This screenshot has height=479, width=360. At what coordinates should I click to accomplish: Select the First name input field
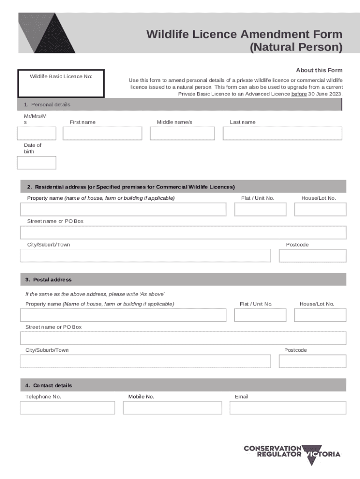tap(102, 133)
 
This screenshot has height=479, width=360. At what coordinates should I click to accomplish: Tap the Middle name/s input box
tap(182, 133)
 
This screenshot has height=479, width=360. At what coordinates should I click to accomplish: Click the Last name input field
tap(282, 133)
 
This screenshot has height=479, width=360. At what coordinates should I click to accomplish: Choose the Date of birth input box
tap(36, 162)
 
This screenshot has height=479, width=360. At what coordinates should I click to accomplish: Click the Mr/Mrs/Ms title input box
tap(36, 133)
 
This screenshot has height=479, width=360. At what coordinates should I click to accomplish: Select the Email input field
tap(288, 407)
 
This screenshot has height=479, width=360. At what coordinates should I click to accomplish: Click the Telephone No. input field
tap(67, 407)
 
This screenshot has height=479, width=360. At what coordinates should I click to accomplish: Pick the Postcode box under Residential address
tap(312, 255)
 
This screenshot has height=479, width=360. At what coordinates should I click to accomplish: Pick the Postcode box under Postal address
tap(312, 361)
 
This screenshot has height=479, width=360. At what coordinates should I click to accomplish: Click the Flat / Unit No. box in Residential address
tap(260, 209)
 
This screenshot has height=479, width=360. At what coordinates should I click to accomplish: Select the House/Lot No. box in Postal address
tap(320, 315)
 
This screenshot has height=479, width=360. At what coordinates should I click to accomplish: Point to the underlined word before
tap(299, 94)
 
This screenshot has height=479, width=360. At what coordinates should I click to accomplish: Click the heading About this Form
tap(319, 70)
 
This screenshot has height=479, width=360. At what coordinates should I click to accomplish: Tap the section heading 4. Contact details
tap(49, 385)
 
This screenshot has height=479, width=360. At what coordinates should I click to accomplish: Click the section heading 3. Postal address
tap(49, 280)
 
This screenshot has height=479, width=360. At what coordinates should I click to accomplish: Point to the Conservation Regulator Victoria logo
tap(292, 454)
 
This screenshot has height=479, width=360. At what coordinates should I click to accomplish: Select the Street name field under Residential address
tap(183, 232)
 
